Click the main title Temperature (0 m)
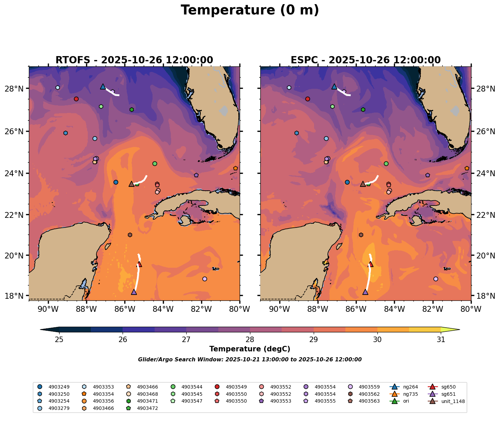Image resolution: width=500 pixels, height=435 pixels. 250,10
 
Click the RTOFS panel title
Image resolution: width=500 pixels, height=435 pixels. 134,60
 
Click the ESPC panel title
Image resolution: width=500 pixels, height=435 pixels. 365,60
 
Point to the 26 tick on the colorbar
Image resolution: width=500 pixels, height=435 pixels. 123,340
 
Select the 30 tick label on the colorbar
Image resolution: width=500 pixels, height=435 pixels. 377,340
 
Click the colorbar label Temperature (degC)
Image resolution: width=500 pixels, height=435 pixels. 250,349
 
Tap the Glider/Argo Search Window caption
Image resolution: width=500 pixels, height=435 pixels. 250,360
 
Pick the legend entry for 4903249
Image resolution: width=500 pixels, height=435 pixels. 56,387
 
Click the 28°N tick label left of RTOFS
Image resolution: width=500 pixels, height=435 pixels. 17,89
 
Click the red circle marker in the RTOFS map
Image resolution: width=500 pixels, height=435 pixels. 76,99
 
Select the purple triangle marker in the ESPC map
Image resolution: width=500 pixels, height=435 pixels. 365,292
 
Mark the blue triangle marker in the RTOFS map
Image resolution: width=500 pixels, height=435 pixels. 103,87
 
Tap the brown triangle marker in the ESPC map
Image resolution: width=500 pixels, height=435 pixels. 363,184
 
